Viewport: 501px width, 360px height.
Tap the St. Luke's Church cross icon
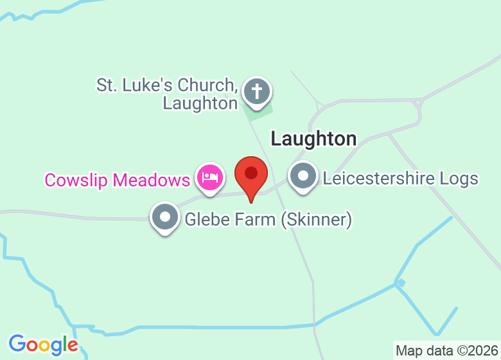[257, 91]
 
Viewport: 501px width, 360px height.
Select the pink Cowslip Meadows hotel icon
[210, 176]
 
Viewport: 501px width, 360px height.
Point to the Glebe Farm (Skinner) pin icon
[165, 217]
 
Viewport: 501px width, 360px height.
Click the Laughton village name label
[313, 138]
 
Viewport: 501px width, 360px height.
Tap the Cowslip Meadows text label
[117, 179]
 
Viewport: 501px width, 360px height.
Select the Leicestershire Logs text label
[400, 178]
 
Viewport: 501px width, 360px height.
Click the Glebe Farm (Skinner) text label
[268, 220]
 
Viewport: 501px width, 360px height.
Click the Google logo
[43, 345]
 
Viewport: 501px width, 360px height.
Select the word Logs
[461, 178]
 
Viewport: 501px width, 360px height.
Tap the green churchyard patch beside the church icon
[256, 113]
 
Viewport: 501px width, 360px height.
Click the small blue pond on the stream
[400, 282]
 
